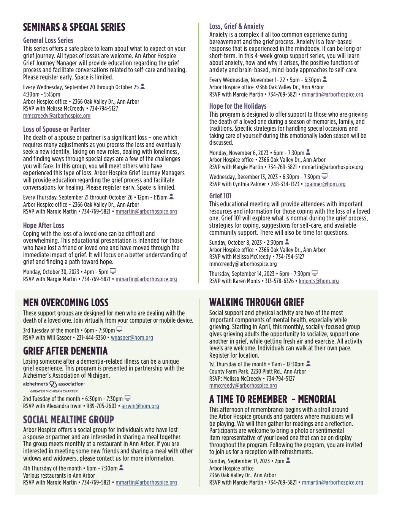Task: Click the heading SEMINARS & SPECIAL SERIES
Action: click(x=74, y=27)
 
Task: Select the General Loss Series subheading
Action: click(x=48, y=40)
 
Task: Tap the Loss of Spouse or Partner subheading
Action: click(x=56, y=129)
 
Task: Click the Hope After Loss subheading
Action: click(x=44, y=225)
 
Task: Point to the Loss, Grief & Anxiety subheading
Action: click(x=236, y=26)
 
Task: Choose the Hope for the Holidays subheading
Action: click(x=238, y=106)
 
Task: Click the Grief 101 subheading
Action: click(x=220, y=196)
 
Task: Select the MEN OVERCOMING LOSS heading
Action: click(x=66, y=303)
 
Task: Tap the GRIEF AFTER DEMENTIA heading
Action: click(x=65, y=351)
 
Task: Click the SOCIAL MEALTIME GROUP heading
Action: click(x=68, y=420)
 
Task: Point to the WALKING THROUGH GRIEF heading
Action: click(x=257, y=303)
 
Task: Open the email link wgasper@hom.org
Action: click(x=132, y=337)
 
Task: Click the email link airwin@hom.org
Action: click(x=140, y=406)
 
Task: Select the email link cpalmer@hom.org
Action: click(x=325, y=184)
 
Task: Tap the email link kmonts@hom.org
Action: click(x=319, y=281)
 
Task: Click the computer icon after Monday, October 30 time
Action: click(x=113, y=271)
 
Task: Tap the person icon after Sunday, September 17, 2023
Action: click(x=288, y=461)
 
